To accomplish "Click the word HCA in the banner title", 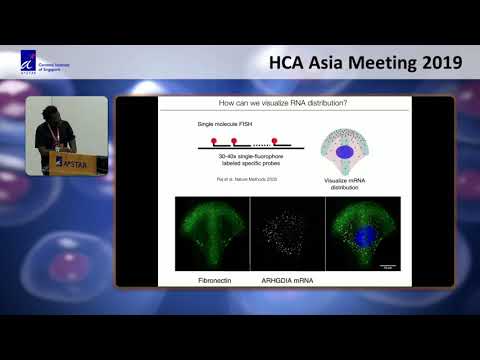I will tap(292, 62).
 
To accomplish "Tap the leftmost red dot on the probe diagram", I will tap(209, 142).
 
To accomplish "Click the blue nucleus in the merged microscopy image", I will tap(364, 236).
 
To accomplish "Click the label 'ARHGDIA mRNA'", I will tap(286, 281).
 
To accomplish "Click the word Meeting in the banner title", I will tap(376, 62).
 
